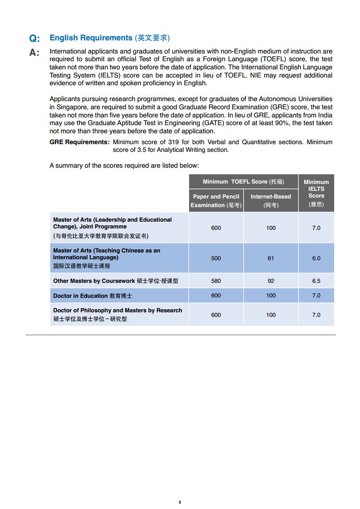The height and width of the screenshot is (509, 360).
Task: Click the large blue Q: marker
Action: [34, 39]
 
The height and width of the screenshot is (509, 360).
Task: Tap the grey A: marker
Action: [34, 53]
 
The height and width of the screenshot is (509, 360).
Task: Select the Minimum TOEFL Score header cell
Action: [243, 182]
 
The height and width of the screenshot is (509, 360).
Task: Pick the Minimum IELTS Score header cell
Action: [316, 193]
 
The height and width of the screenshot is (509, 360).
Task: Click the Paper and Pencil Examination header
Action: [216, 201]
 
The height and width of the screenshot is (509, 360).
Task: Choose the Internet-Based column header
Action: [271, 201]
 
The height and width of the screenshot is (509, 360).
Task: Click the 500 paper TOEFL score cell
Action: [216, 258]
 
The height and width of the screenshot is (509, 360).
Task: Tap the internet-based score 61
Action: [271, 258]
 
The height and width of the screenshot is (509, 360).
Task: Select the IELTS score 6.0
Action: [316, 258]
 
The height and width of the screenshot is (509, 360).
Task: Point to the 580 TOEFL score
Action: [216, 281]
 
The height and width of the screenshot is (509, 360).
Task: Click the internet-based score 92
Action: [271, 281]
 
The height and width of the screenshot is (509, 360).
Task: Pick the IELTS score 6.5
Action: [316, 281]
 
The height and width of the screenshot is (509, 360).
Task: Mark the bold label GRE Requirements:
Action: [79, 142]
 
